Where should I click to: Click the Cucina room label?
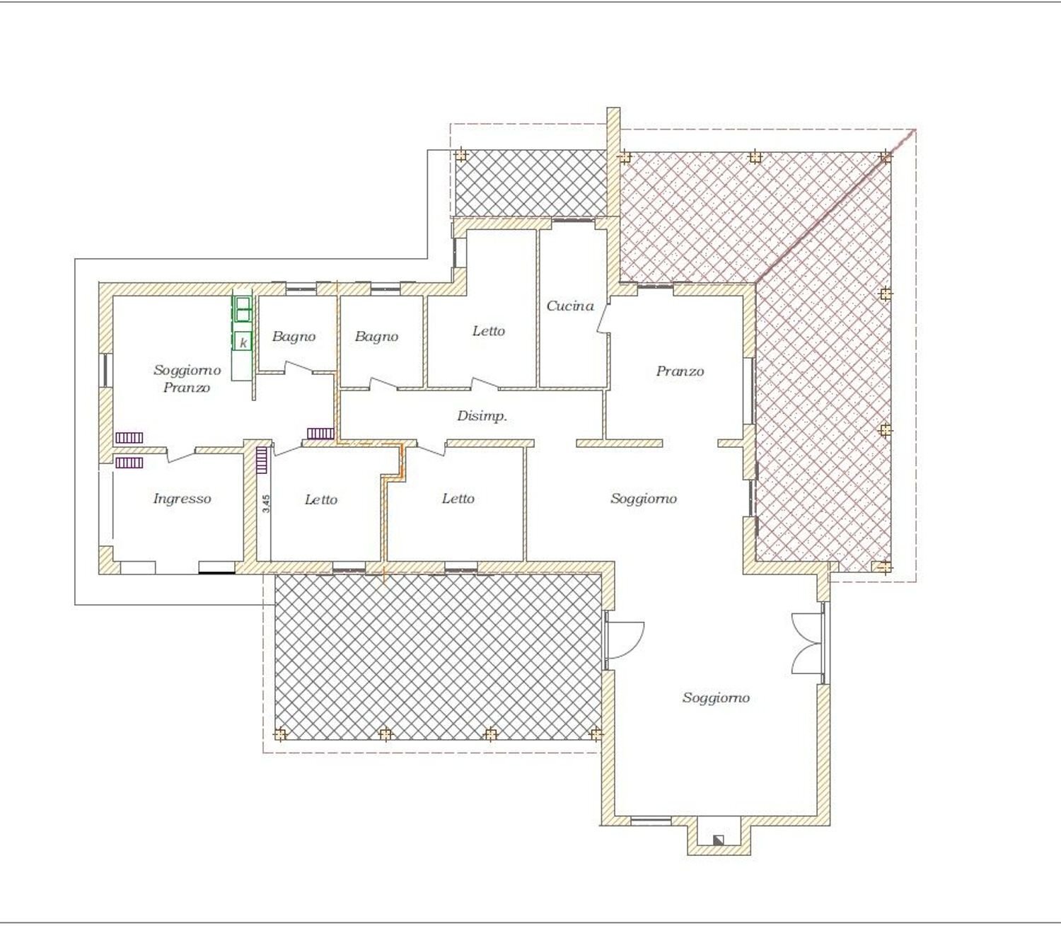pyautogui.click(x=569, y=306)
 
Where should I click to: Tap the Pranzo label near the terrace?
pyautogui.click(x=680, y=371)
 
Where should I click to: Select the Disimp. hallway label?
pyautogui.click(x=482, y=416)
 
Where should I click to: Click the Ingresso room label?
pyautogui.click(x=182, y=499)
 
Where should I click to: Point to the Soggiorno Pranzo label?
pyautogui.click(x=187, y=378)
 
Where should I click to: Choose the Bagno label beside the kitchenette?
pyautogui.click(x=294, y=337)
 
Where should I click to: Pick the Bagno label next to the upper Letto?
pyautogui.click(x=376, y=337)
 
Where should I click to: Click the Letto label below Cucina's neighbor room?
pyautogui.click(x=458, y=499)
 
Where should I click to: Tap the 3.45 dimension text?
pyautogui.click(x=266, y=503)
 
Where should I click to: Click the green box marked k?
pyautogui.click(x=243, y=342)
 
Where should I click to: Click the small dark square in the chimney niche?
pyautogui.click(x=718, y=840)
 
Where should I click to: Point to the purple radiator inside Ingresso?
pyautogui.click(x=129, y=463)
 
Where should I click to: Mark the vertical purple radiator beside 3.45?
pyautogui.click(x=261, y=460)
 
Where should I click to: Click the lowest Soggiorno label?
pyautogui.click(x=715, y=698)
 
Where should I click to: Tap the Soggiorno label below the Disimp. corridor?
pyautogui.click(x=643, y=499)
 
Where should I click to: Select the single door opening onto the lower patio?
pyautogui.click(x=625, y=640)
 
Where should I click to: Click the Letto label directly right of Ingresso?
pyautogui.click(x=320, y=499)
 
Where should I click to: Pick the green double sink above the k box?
pyautogui.click(x=242, y=309)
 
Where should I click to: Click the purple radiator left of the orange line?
pyautogui.click(x=320, y=433)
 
